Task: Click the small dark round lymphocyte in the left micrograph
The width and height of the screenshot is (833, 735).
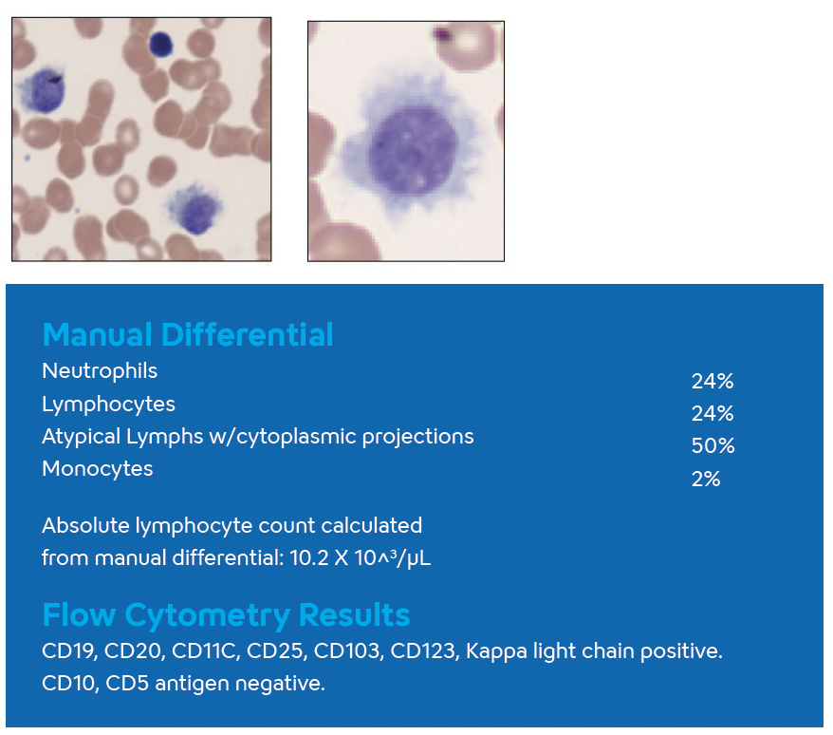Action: pos(161,44)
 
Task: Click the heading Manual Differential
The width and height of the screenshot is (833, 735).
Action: pos(188,334)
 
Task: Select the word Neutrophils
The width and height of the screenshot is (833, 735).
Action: pos(100,370)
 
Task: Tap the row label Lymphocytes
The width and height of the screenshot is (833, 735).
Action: pos(108,404)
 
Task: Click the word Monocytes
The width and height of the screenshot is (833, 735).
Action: pos(97,468)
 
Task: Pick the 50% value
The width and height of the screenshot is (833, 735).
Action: pos(713,446)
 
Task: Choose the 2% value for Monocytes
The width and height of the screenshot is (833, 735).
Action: pos(706,479)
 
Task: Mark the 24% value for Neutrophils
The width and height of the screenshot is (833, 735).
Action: pos(713,382)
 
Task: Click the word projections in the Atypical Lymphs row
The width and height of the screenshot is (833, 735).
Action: pos(419,437)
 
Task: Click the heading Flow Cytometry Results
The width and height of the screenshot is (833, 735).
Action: pos(226,615)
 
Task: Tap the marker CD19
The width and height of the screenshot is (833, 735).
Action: pos(65,652)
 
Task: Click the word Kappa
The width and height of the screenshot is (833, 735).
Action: pos(490,652)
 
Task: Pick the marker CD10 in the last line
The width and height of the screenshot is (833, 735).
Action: pos(65,684)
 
